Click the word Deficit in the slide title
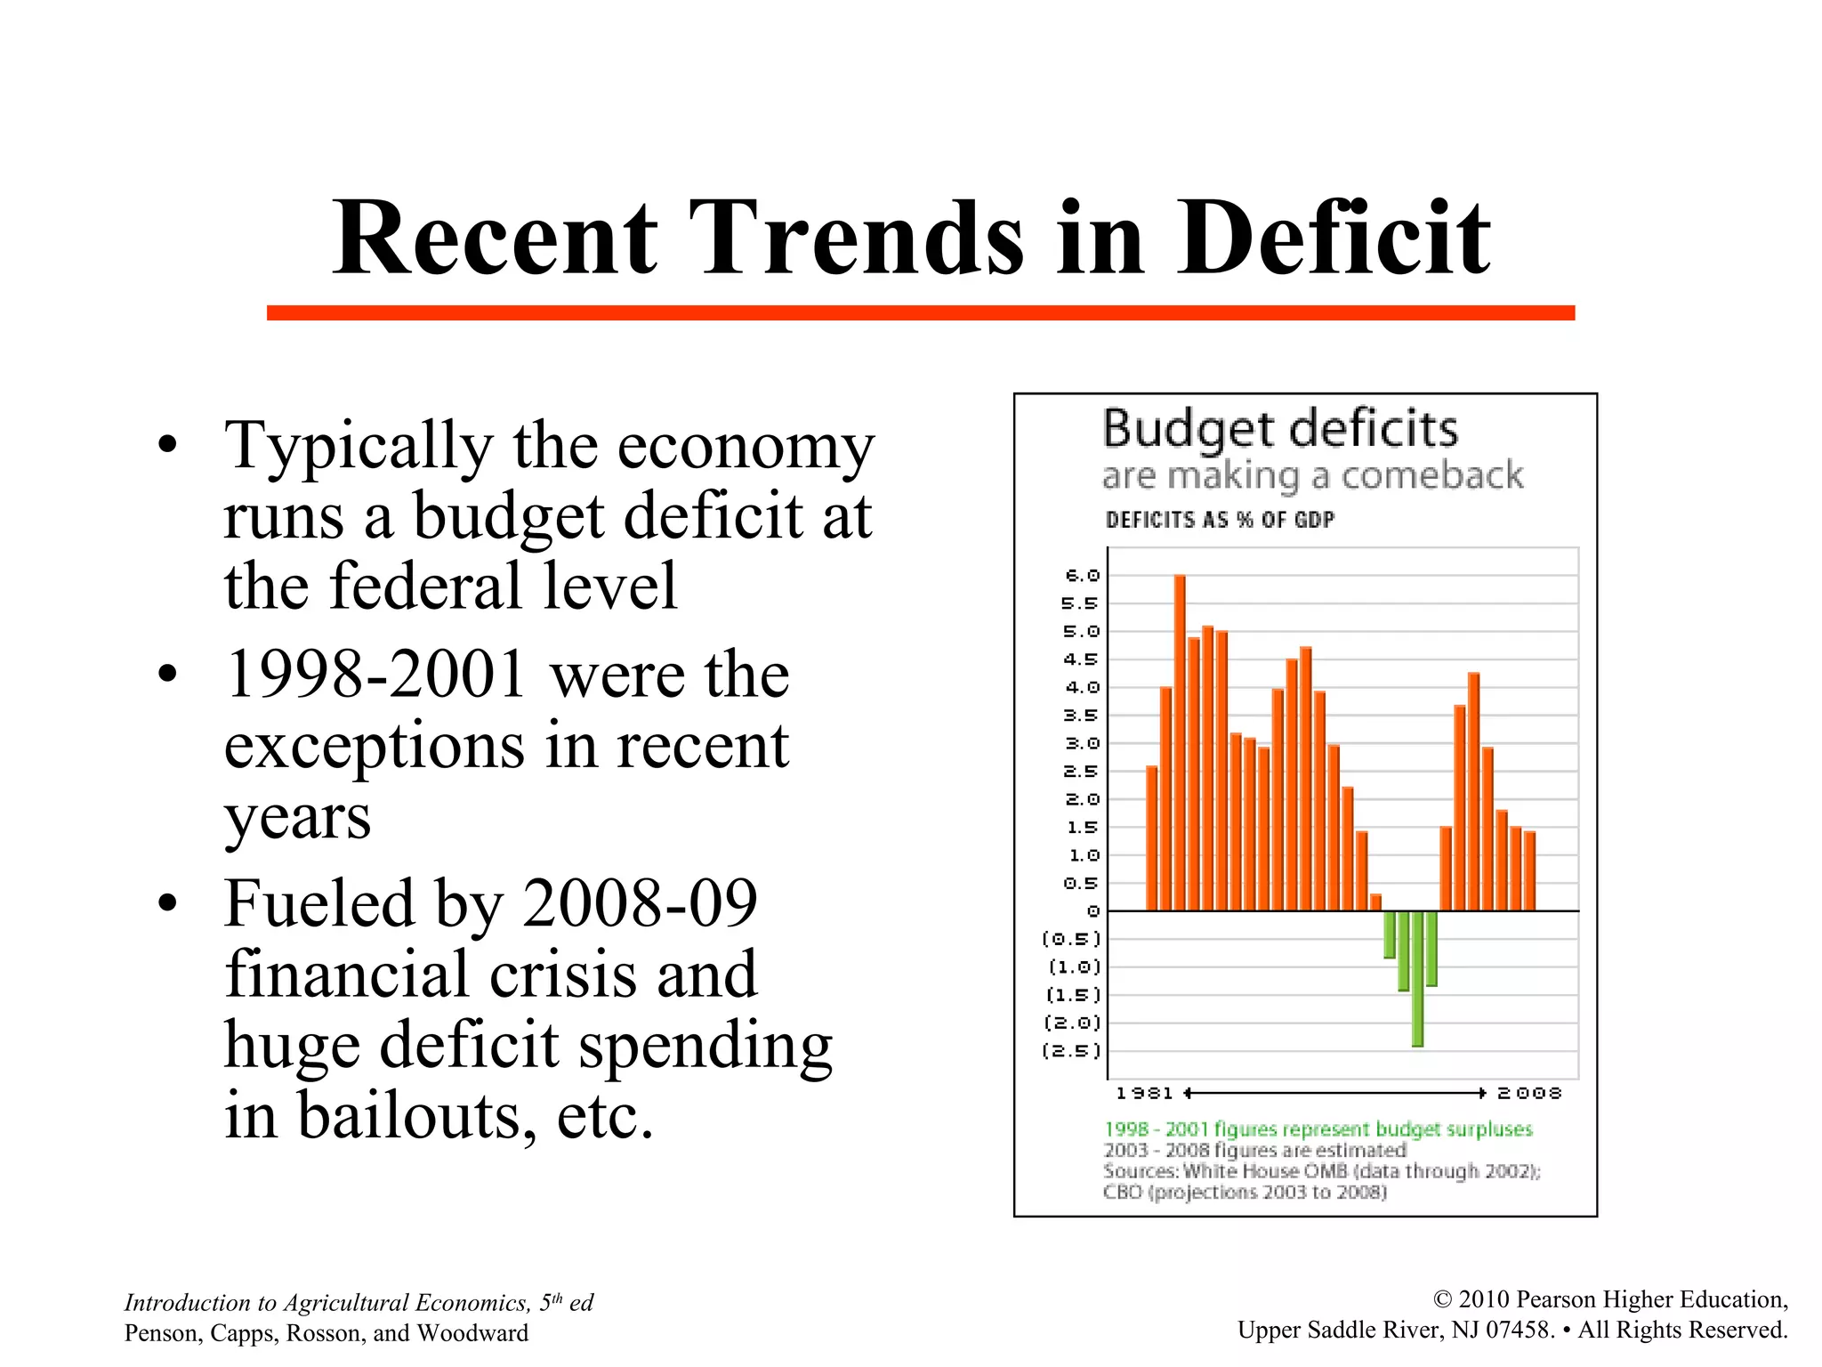(x=1334, y=238)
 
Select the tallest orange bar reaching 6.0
(x=1180, y=742)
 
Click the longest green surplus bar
(x=1417, y=978)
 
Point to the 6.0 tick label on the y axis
(x=1082, y=576)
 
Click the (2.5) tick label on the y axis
(x=1072, y=1051)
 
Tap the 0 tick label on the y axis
(x=1093, y=911)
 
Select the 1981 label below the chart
(x=1144, y=1093)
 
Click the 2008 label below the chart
(x=1529, y=1093)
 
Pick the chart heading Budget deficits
(x=1280, y=430)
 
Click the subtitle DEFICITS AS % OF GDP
(x=1220, y=520)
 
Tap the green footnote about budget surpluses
(x=1318, y=1129)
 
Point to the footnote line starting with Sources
(x=1321, y=1171)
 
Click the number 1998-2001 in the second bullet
(x=375, y=675)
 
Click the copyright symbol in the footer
(x=1442, y=1300)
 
